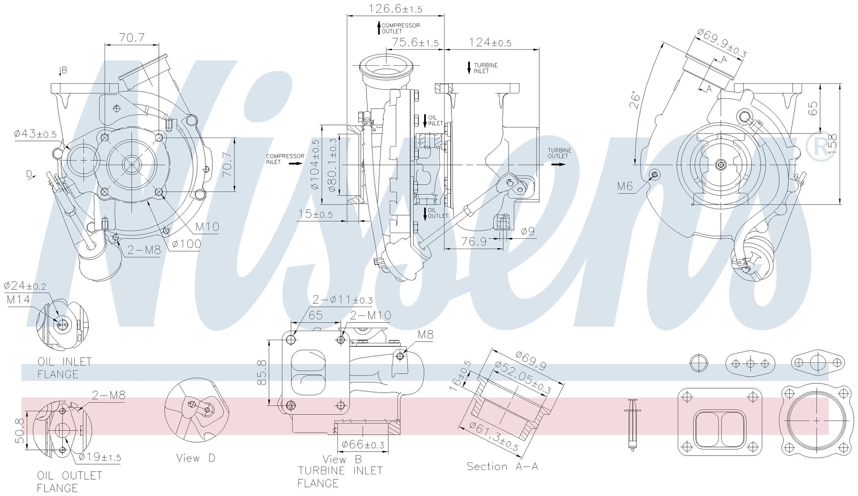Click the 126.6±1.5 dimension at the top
point(395,9)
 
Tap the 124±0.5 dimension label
point(490,42)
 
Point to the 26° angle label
point(635,100)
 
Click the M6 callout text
point(625,187)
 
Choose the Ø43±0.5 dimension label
point(35,133)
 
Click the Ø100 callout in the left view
point(186,244)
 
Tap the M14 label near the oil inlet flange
point(18,300)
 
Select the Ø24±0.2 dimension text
point(25,285)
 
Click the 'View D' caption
point(196,458)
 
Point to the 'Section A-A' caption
point(503,466)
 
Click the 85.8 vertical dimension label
point(262,372)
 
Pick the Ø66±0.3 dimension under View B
point(363,444)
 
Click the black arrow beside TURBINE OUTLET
point(559,165)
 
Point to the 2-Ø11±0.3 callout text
point(343,300)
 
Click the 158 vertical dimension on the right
point(832,141)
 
